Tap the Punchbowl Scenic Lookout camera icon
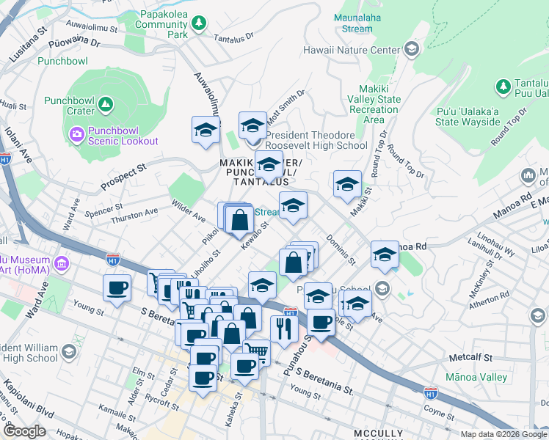76,133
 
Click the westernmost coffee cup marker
117,287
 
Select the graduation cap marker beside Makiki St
347,184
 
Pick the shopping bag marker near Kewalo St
240,219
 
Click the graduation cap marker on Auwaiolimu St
206,130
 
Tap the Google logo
24,430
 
